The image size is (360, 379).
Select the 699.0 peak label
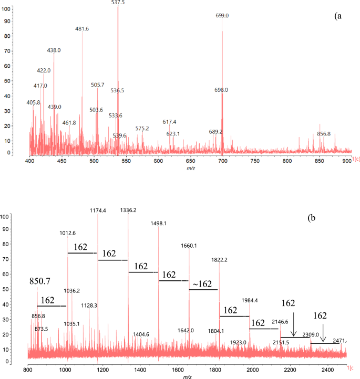click(222, 16)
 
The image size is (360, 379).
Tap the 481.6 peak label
click(82, 29)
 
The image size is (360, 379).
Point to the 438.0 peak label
click(54, 50)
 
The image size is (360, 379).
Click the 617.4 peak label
click(169, 122)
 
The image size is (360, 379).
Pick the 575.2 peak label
click(142, 129)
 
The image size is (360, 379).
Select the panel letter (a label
click(338, 16)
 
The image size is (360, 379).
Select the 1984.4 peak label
click(250, 300)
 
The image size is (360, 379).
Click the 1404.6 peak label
click(141, 334)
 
